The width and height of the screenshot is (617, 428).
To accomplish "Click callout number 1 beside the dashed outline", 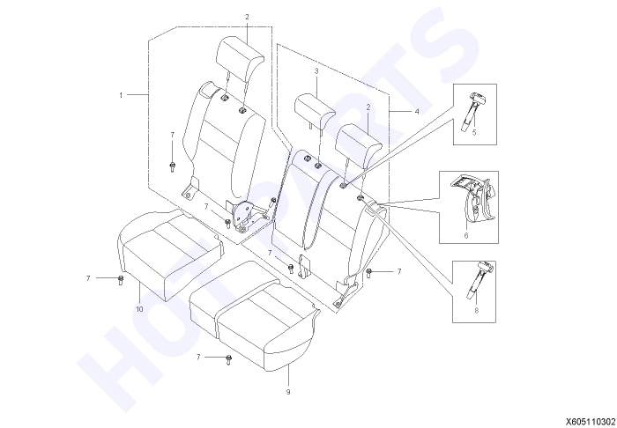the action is click(122, 95).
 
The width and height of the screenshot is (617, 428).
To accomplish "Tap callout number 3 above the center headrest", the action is click(316, 71).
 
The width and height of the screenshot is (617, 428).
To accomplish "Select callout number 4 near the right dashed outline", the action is click(417, 112).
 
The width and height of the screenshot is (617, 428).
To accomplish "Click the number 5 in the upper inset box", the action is click(474, 132).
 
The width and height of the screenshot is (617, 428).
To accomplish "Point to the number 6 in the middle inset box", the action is click(466, 235).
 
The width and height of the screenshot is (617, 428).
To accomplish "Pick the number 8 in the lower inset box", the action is click(477, 311).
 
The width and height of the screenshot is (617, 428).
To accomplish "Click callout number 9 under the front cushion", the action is click(288, 392).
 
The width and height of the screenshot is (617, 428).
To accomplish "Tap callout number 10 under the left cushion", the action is click(139, 309).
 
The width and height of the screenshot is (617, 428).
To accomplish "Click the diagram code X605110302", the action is click(591, 422).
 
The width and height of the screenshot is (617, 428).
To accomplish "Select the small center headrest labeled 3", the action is click(315, 111).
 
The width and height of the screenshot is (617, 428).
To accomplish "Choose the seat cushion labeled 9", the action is click(254, 314).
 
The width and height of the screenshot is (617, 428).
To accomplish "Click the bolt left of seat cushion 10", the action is click(121, 280).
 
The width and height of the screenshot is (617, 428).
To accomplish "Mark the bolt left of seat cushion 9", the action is click(229, 359).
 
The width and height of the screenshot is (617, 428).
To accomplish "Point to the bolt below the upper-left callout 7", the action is click(172, 166).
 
